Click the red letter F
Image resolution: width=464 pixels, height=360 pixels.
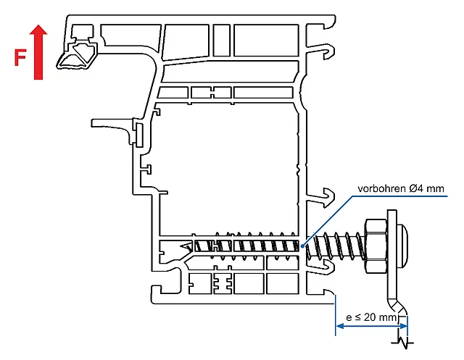click(x=20, y=58)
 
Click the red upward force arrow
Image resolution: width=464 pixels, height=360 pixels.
click(x=38, y=52)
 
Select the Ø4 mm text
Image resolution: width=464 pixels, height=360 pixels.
click(x=426, y=188)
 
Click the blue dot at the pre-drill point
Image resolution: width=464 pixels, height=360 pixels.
click(x=302, y=246)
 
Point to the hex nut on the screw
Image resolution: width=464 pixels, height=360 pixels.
click(x=376, y=246)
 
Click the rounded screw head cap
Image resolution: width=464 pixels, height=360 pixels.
click(x=402, y=246)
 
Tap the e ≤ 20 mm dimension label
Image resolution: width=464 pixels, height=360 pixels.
click(x=371, y=317)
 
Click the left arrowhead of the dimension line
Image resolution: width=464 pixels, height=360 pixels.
click(x=340, y=326)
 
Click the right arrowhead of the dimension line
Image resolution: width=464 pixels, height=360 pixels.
click(x=403, y=326)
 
